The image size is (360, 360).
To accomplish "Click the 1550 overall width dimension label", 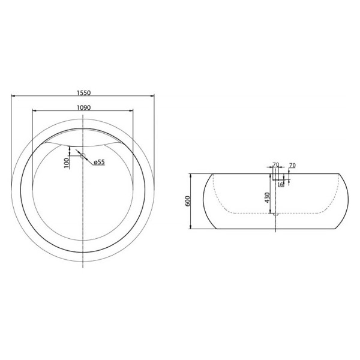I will click(83, 93).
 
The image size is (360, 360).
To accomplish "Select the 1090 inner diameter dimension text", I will click(83, 107).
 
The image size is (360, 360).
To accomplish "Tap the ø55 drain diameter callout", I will click(98, 162).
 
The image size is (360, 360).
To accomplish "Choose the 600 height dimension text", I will click(187, 202).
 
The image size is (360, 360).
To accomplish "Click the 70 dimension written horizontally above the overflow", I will click(275, 165).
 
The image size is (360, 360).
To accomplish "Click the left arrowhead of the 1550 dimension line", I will click(13, 97).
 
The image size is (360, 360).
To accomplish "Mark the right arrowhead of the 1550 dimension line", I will click(154, 97).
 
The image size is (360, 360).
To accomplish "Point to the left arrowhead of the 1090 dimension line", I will click(34, 111).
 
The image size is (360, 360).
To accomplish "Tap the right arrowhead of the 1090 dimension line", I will click(132, 111).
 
